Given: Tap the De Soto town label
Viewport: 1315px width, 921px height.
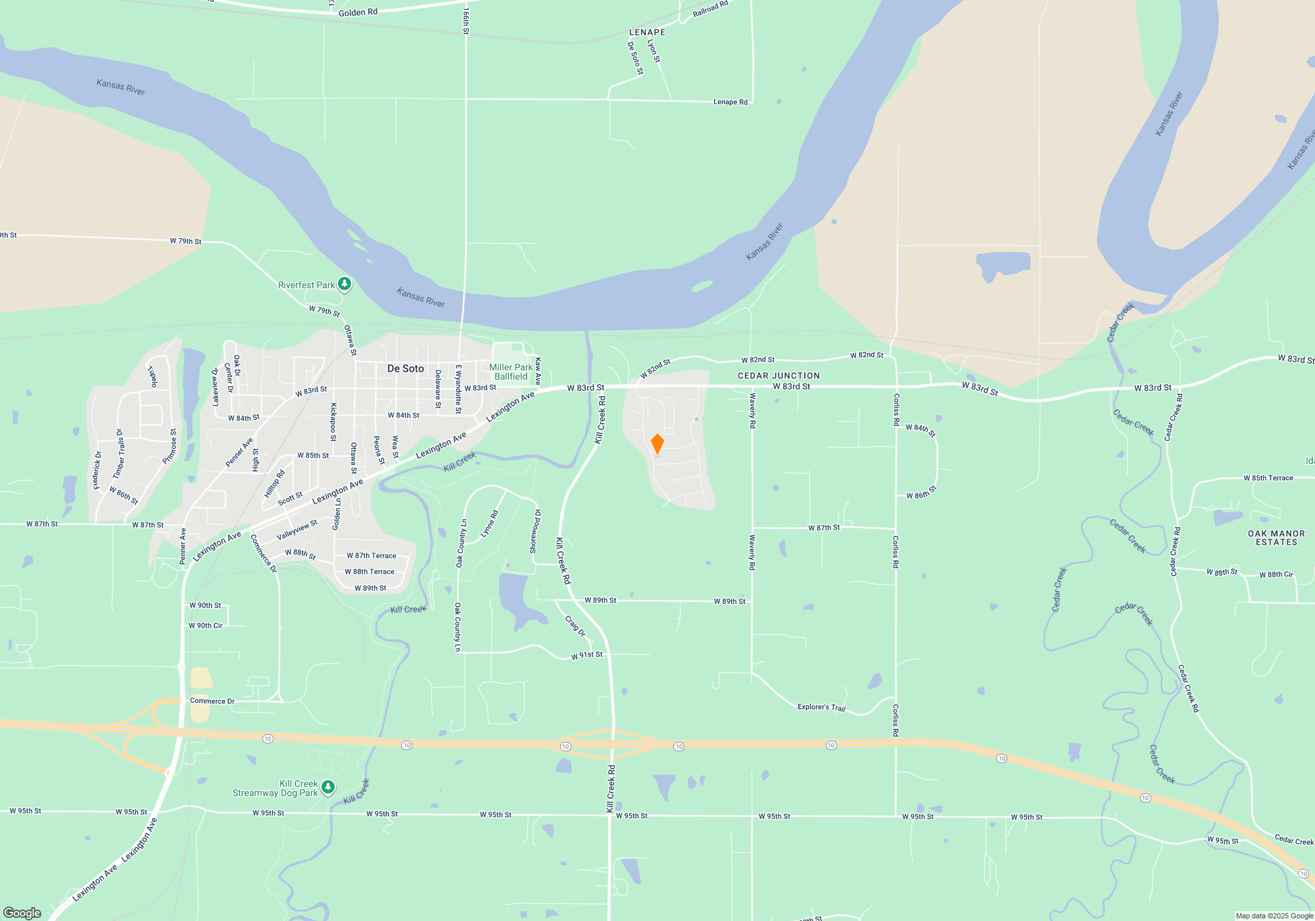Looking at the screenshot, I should (x=405, y=368).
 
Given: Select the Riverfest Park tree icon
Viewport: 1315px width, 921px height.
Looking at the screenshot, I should (x=345, y=284).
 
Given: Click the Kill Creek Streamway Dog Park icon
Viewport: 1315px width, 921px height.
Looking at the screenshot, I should (x=328, y=787).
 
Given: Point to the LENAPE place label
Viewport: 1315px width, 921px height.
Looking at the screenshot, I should (x=647, y=32).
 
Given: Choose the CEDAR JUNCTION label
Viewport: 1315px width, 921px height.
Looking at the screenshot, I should (x=778, y=376).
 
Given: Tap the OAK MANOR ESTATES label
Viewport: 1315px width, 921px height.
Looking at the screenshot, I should (x=1276, y=537).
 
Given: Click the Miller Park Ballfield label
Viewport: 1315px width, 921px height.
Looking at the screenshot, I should (x=511, y=372).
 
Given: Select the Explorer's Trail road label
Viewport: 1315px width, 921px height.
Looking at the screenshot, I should (x=821, y=707).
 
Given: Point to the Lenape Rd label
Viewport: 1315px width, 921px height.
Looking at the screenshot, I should (x=730, y=102).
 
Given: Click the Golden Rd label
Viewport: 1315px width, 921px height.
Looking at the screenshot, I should (x=358, y=12).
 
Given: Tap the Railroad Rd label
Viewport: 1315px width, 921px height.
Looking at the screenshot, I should (x=710, y=9).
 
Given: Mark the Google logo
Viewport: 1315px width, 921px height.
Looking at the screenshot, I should (x=22, y=912).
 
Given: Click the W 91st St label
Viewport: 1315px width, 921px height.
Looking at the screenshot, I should (x=586, y=655).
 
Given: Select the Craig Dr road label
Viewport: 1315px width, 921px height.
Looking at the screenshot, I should (x=575, y=625).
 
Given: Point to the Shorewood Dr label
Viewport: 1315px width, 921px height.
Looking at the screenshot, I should (x=535, y=531).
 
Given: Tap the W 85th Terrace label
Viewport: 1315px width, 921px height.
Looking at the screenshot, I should (x=1268, y=478).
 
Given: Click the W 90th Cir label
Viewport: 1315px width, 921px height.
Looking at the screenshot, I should (x=205, y=626).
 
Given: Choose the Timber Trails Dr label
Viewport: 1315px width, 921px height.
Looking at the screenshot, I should (x=119, y=454).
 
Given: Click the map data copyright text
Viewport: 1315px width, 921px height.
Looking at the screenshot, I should (x=1274, y=916).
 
